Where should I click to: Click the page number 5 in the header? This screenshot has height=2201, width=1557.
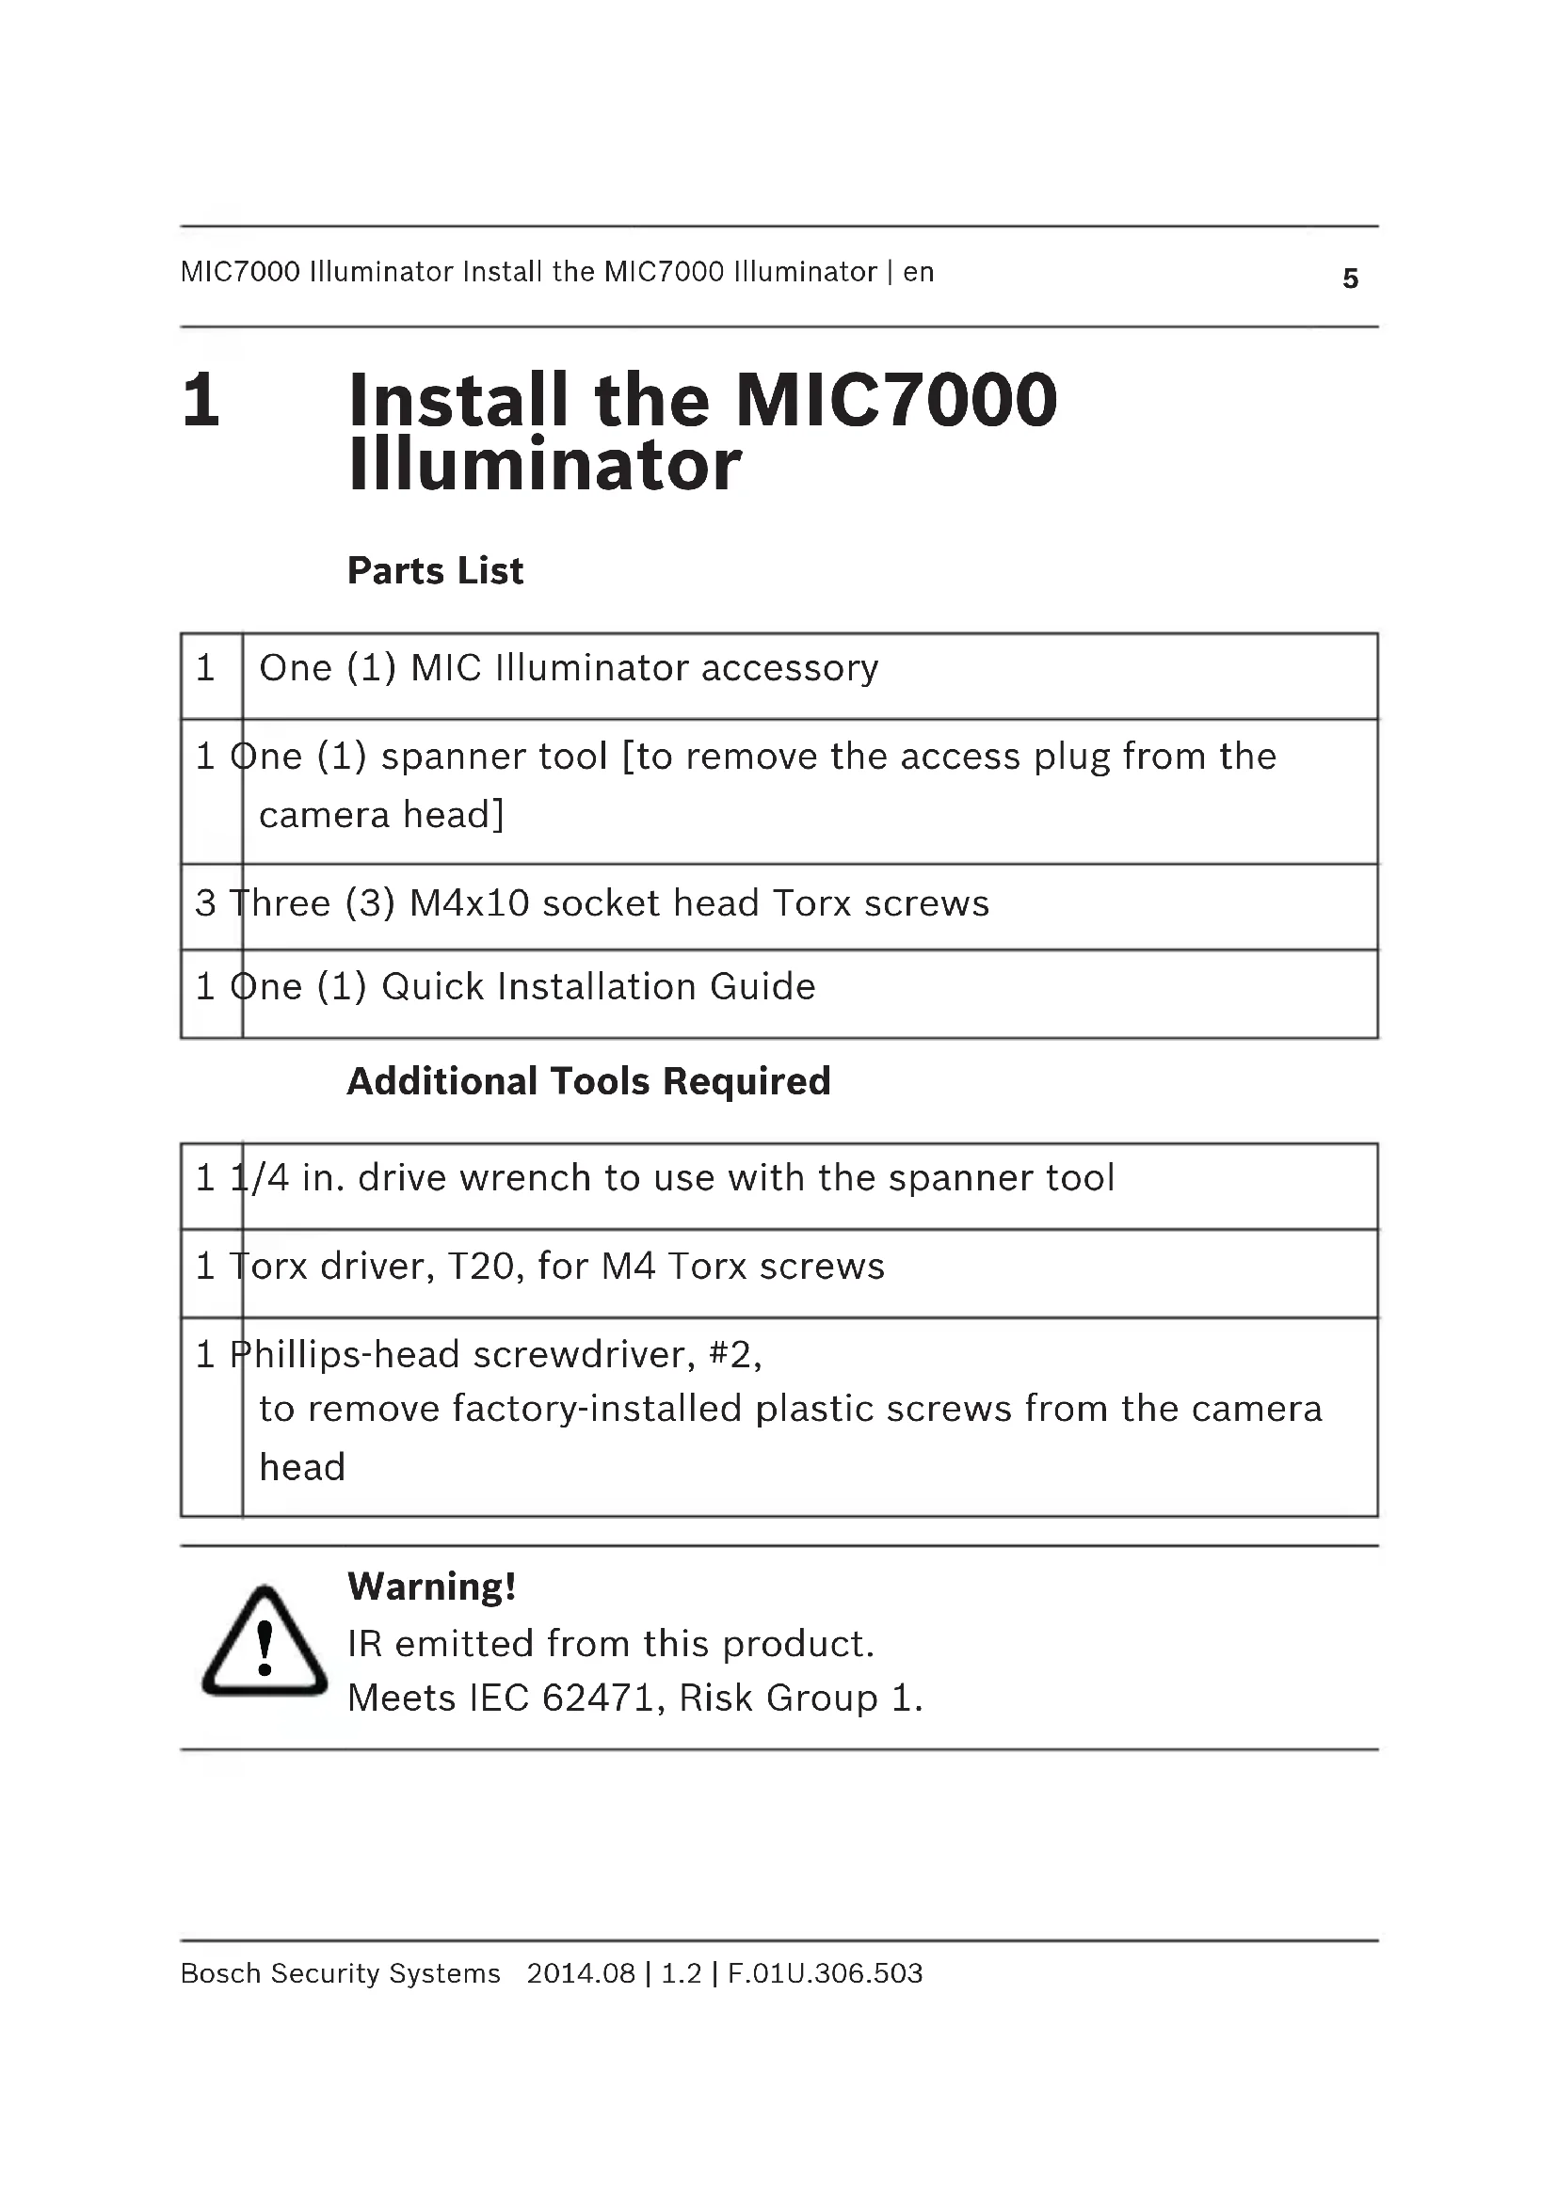[1350, 278]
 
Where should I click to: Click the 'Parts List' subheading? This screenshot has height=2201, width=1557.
[435, 570]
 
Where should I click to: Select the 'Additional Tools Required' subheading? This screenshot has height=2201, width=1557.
[588, 1081]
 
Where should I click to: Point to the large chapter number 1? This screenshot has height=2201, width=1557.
[201, 401]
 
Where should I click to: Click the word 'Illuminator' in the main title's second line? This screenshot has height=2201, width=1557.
[544, 466]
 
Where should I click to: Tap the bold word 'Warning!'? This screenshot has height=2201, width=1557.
[431, 1587]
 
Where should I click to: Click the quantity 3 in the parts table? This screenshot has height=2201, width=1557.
[205, 903]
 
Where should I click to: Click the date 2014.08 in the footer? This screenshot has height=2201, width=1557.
[580, 1973]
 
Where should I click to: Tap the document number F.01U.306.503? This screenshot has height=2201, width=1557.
[825, 1973]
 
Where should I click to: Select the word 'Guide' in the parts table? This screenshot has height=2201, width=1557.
[762, 986]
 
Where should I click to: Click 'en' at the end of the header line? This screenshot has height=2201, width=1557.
[919, 272]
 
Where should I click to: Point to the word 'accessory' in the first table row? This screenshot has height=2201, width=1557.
[790, 668]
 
